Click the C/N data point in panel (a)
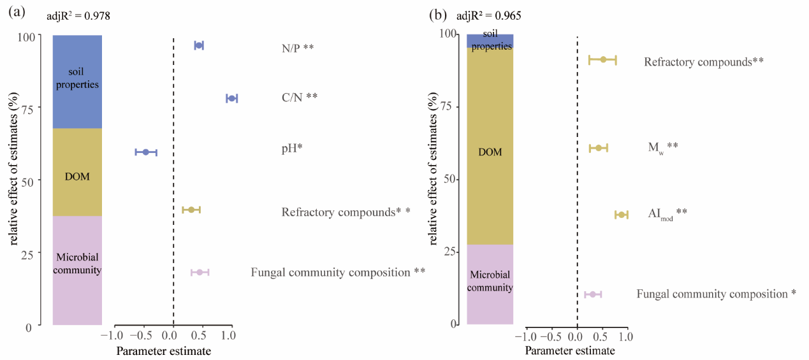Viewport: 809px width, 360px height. click(x=231, y=98)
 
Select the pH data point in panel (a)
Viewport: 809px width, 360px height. click(x=145, y=152)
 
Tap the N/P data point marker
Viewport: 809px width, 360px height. click(x=199, y=45)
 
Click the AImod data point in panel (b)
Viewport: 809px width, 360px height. click(x=622, y=215)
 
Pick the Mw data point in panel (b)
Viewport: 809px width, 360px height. click(x=599, y=148)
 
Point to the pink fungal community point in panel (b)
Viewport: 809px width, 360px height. click(x=593, y=294)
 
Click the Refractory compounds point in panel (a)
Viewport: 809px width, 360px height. click(x=191, y=210)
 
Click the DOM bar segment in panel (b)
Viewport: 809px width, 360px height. click(x=490, y=152)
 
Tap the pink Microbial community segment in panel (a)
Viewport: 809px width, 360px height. click(x=77, y=271)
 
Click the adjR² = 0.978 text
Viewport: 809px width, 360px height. click(x=78, y=17)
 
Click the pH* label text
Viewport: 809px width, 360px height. click(x=292, y=148)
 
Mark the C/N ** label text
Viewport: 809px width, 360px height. click(x=299, y=97)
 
